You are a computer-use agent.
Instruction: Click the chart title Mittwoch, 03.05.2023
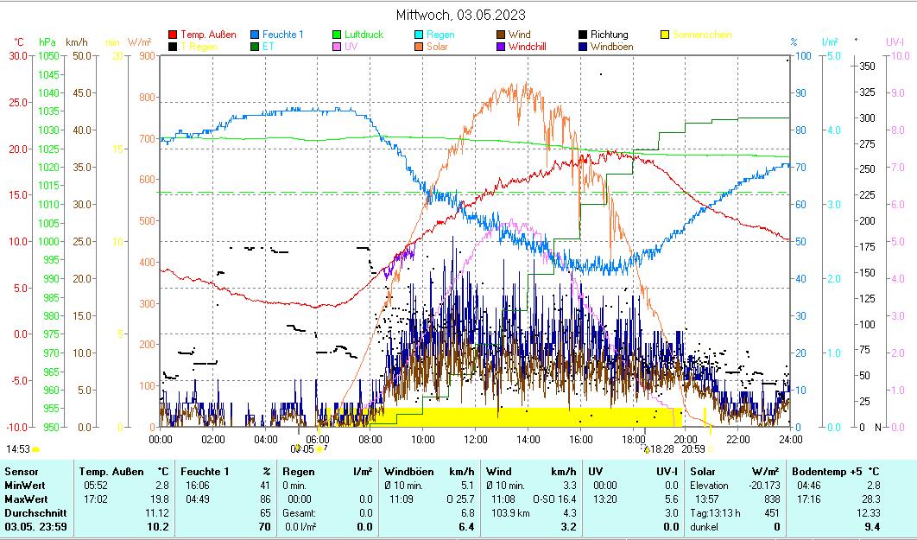pyautogui.click(x=460, y=15)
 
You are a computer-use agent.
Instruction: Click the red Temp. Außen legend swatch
pyautogui.click(x=173, y=35)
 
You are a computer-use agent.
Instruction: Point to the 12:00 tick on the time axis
pyautogui.click(x=476, y=439)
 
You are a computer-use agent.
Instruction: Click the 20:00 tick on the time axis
pyautogui.click(x=686, y=439)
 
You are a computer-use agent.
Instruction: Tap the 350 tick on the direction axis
pyautogui.click(x=868, y=67)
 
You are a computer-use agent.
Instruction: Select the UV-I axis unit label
pyautogui.click(x=895, y=41)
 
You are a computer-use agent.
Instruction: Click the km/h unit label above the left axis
pyautogui.click(x=76, y=41)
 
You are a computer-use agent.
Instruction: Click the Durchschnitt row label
pyautogui.click(x=31, y=512)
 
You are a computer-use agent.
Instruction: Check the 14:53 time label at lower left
pyautogui.click(x=18, y=449)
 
